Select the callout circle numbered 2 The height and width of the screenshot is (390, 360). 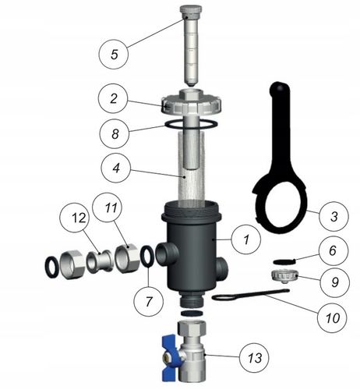(114, 99)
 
